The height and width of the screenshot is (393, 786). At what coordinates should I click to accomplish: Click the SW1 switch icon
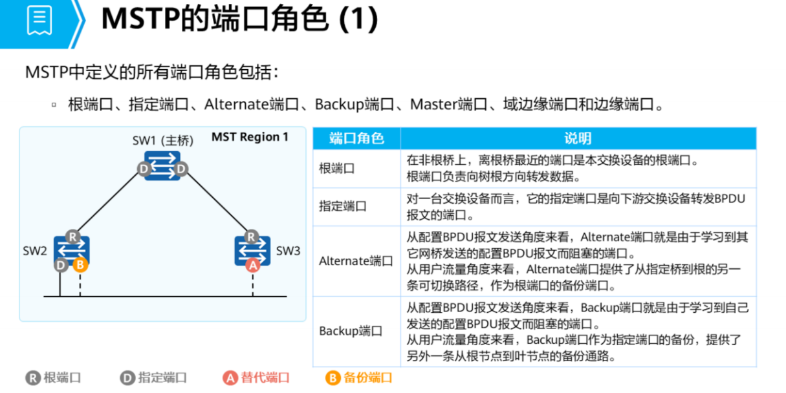162,165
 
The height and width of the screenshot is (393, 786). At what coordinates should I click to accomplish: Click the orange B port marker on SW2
80,264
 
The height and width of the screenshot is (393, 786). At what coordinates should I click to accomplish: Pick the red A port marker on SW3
252,265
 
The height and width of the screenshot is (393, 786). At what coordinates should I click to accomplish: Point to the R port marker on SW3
250,237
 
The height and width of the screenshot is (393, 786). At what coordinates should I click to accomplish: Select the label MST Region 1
250,137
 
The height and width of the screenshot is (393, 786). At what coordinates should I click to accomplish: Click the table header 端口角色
356,138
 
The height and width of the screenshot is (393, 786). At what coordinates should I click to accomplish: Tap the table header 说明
577,138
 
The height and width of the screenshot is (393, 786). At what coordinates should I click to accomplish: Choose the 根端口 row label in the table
337,169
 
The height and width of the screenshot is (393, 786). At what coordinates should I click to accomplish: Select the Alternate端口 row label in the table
356,261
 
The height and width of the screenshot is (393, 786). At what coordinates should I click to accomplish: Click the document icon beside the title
39,21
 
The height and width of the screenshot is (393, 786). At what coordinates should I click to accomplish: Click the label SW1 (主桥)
162,141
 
